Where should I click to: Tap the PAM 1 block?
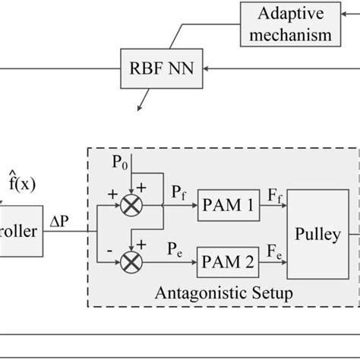point(229,204)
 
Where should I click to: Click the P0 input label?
point(119,163)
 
